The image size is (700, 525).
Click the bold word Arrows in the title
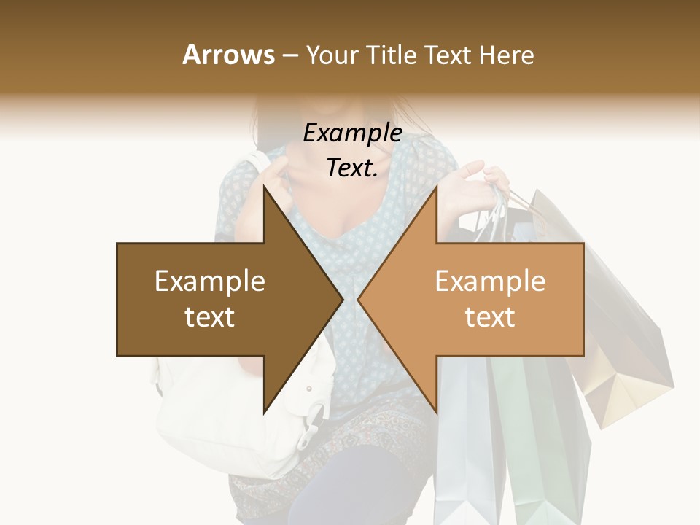(228, 55)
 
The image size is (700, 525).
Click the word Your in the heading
(332, 55)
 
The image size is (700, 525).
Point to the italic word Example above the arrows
(352, 133)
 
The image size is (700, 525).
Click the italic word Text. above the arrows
(352, 168)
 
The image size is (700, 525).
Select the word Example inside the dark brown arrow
(210, 281)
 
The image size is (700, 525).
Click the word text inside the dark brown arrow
(210, 317)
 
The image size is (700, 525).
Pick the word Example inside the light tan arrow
(490, 281)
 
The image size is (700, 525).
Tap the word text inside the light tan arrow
(490, 317)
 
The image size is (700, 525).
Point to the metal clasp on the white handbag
(314, 423)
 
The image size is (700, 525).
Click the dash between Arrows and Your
(289, 55)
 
